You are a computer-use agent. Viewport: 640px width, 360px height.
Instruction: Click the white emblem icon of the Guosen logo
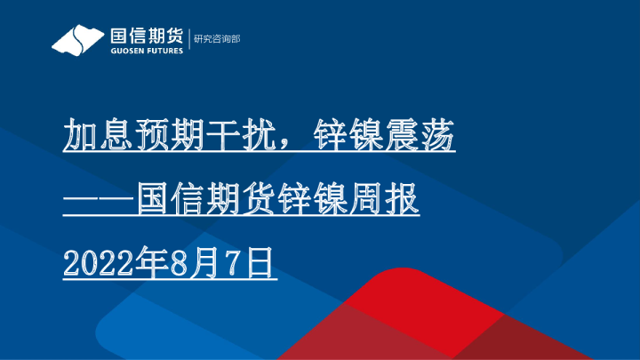pyautogui.click(x=77, y=40)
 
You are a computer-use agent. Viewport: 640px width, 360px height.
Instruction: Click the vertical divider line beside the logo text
pyautogui.click(x=188, y=40)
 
